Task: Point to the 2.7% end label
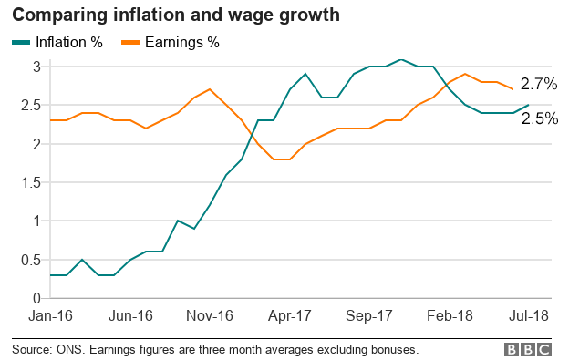[x=539, y=84]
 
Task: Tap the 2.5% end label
[x=539, y=118]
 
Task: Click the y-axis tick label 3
[x=36, y=67]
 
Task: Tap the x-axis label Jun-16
[x=130, y=316]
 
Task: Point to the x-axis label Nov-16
[x=210, y=316]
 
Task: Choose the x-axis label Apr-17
[x=290, y=316]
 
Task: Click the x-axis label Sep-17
[x=369, y=316]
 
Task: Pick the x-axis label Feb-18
[x=450, y=316]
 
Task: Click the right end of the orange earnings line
[x=512, y=89]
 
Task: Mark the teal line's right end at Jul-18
[x=528, y=105]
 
